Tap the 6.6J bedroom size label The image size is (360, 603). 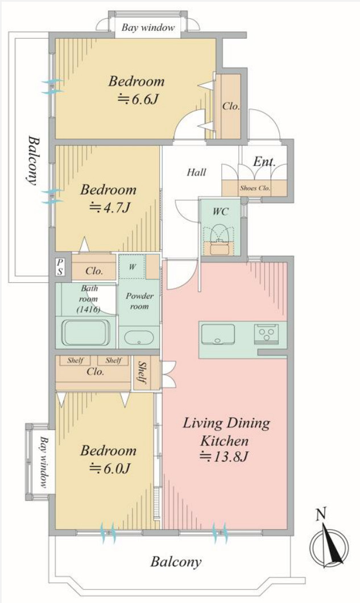point(138,100)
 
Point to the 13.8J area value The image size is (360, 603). point(225,456)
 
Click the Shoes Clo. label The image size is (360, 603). point(255,188)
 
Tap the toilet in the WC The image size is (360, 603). point(220,233)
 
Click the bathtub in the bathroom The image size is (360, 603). point(85,332)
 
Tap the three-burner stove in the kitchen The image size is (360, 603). point(267,333)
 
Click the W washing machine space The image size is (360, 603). point(132,266)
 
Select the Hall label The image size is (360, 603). point(197,172)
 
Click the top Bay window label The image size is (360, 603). point(148,28)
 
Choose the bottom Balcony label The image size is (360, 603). point(176,562)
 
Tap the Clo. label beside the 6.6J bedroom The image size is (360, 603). point(231,106)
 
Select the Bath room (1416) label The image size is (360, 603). point(90,299)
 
